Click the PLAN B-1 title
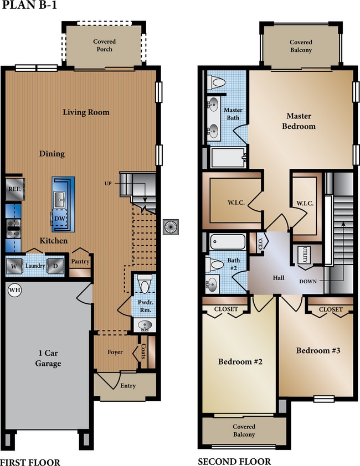pos(28,6)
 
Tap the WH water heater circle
pos(13,289)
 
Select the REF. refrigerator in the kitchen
pos(14,188)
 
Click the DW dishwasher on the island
pos(59,219)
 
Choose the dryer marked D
pos(54,266)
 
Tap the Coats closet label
pos(143,353)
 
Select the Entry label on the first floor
pos(128,386)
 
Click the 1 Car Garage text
pos(46,359)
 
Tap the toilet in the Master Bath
pos(217,82)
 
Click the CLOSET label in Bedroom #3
pos(331,309)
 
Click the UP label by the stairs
pos(110,183)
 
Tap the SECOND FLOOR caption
pos(234,461)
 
